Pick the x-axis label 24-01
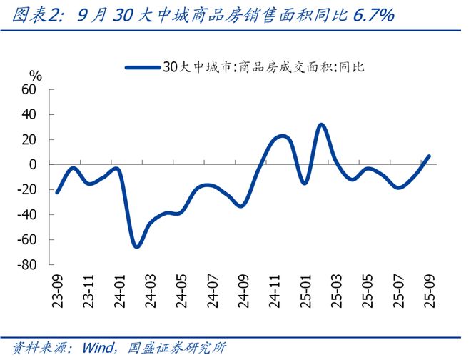click(x=118, y=290)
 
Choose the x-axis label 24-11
click(x=273, y=290)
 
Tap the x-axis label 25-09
click(x=428, y=290)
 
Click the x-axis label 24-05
click(x=181, y=290)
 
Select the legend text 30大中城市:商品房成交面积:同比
click(x=263, y=67)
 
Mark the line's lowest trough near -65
click(x=136, y=246)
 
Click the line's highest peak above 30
click(x=321, y=125)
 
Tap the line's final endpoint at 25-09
click(x=429, y=156)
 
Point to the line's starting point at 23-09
click(x=57, y=192)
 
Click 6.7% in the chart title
click(x=374, y=15)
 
